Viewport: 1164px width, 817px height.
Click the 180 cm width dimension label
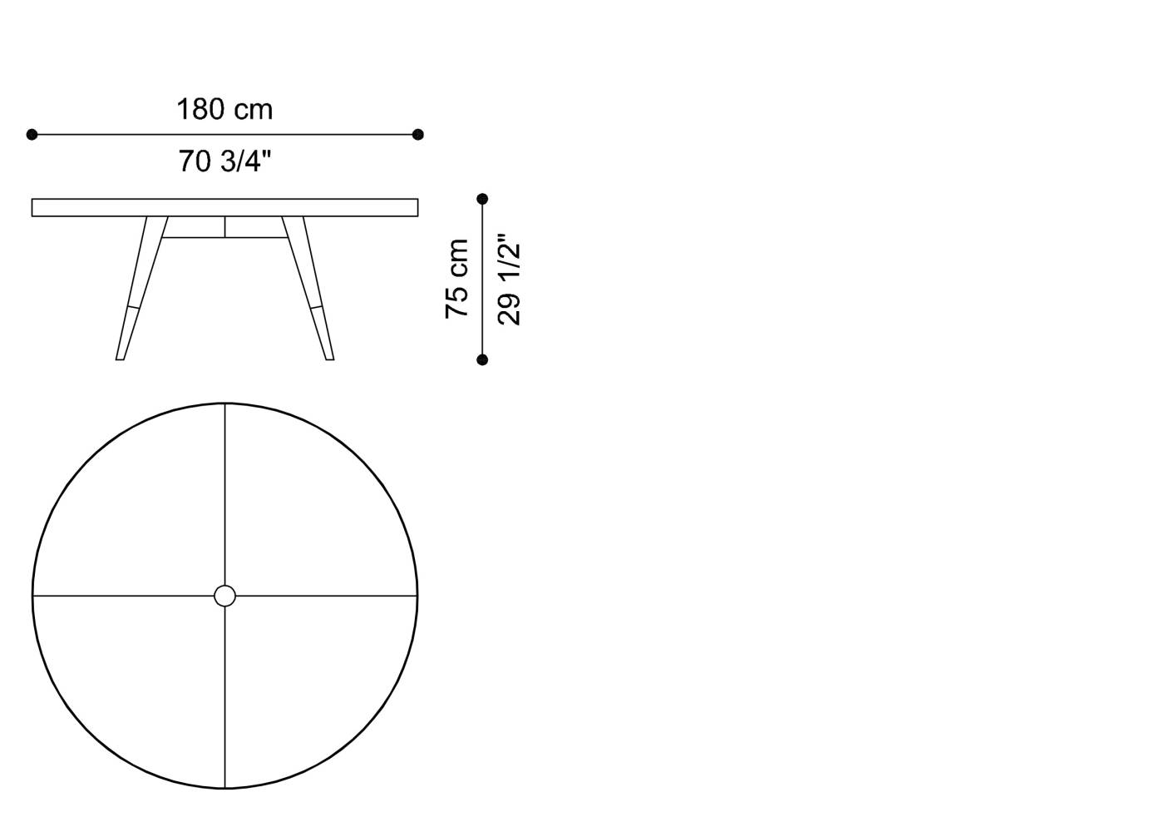tap(224, 110)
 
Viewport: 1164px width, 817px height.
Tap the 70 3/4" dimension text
tap(224, 161)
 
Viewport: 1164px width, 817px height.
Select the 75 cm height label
tap(457, 279)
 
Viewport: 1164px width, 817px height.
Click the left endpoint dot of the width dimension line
tap(32, 134)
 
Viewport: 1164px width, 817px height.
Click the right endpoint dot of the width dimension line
tap(418, 134)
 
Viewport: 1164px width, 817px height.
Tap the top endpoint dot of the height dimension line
tap(482, 199)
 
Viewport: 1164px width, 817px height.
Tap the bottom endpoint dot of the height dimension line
tap(482, 359)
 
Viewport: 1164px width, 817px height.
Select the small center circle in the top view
tap(224, 596)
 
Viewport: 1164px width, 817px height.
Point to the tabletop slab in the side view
tap(224, 207)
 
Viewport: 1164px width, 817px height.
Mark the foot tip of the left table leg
tap(120, 357)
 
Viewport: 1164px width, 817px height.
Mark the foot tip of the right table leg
tap(329, 357)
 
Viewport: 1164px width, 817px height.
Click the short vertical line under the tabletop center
tap(224, 227)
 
